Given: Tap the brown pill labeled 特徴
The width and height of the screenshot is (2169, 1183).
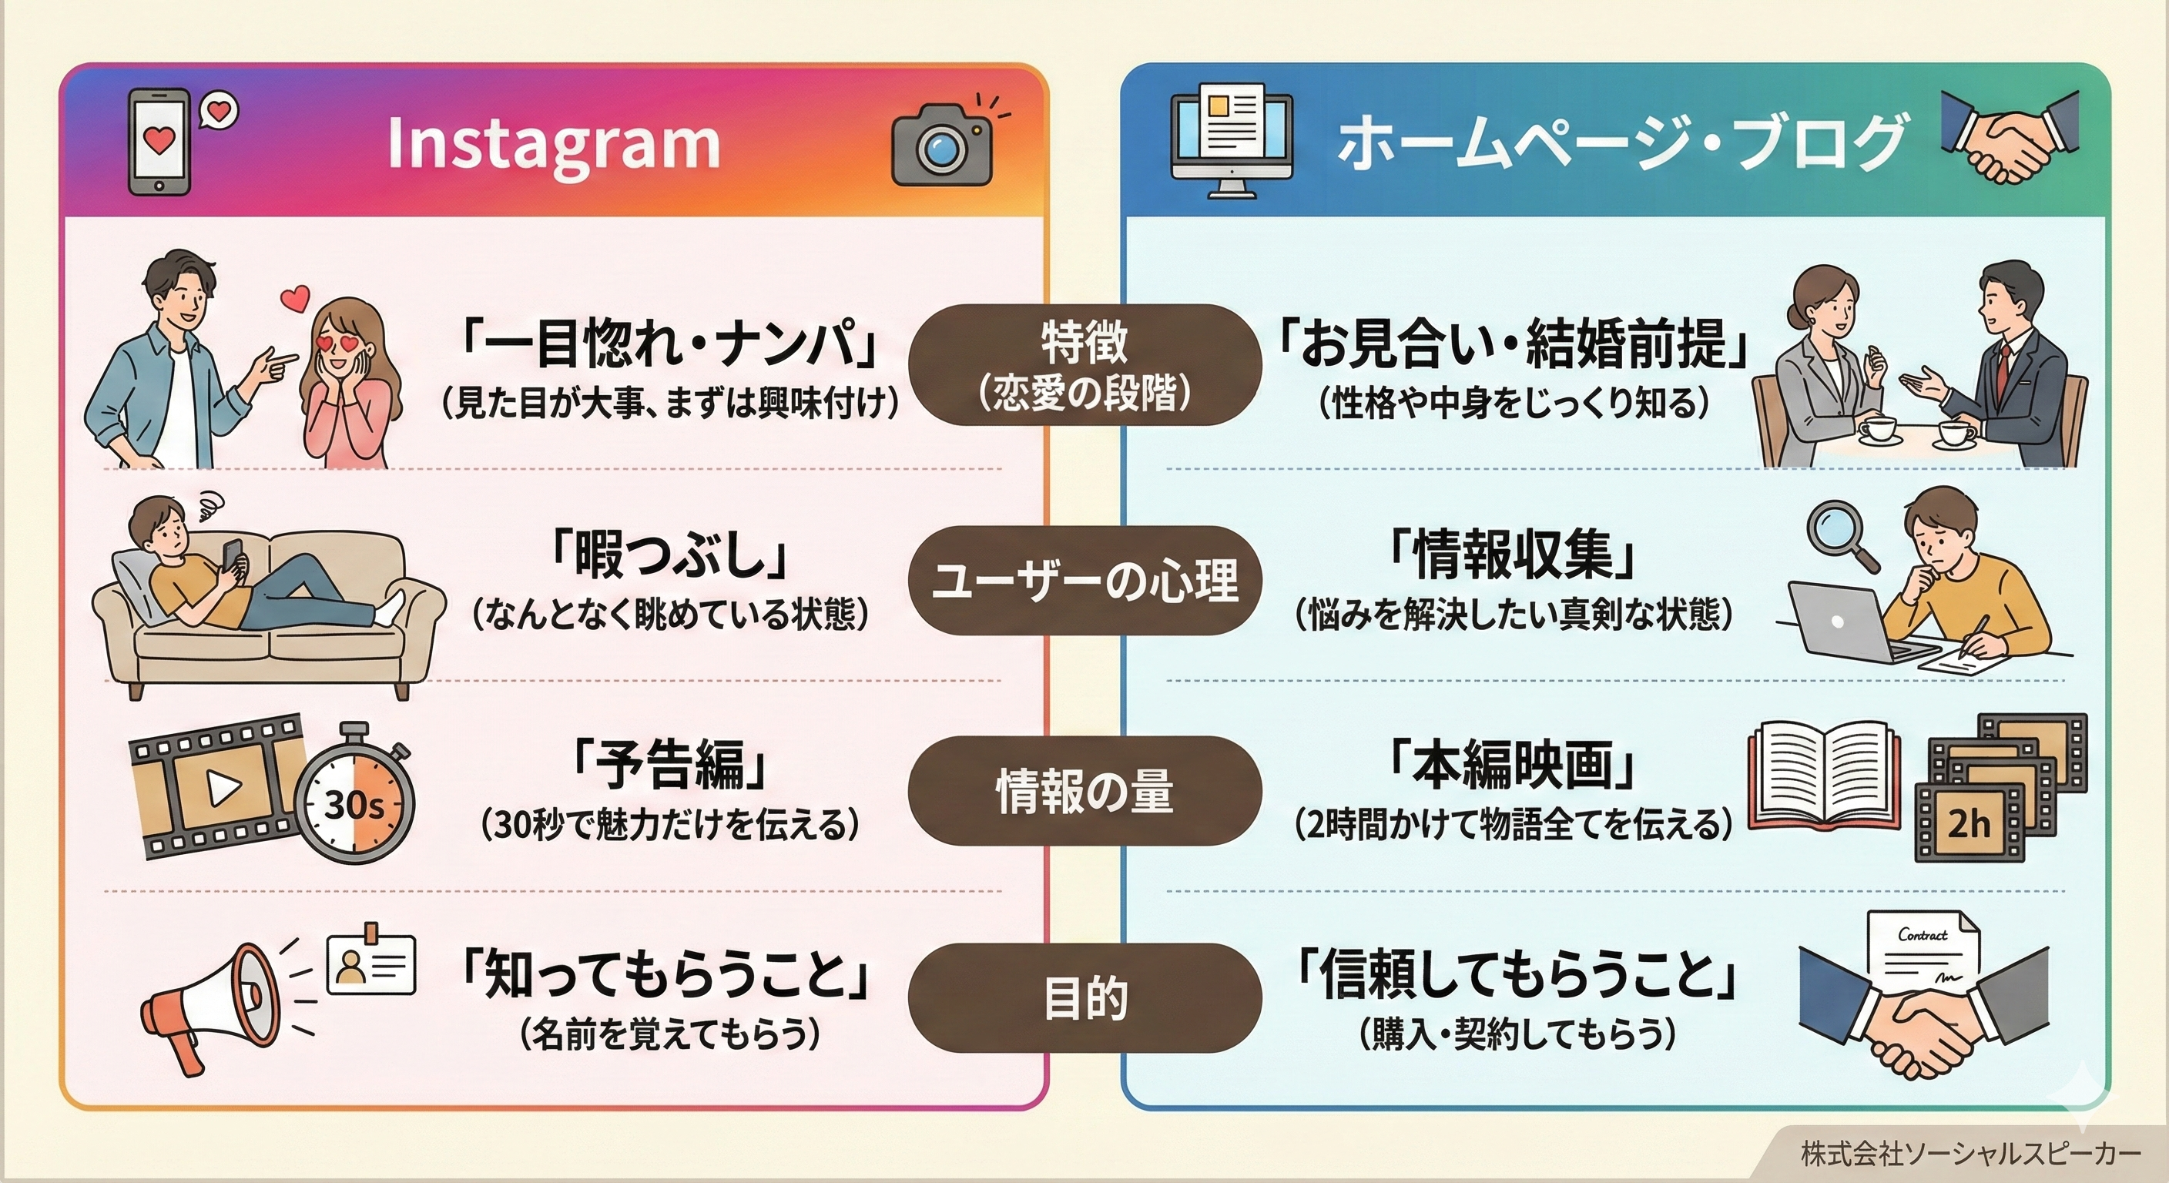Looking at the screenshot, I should click(x=1084, y=364).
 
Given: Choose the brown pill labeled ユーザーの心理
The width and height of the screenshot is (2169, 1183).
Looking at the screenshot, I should click(x=1084, y=580).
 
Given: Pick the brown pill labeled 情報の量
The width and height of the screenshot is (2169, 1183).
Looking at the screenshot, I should click(x=1084, y=791).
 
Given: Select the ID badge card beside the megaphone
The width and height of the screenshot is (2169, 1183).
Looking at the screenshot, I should click(x=370, y=964).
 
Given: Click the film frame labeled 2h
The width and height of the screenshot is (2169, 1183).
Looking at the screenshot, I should click(x=1969, y=823).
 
